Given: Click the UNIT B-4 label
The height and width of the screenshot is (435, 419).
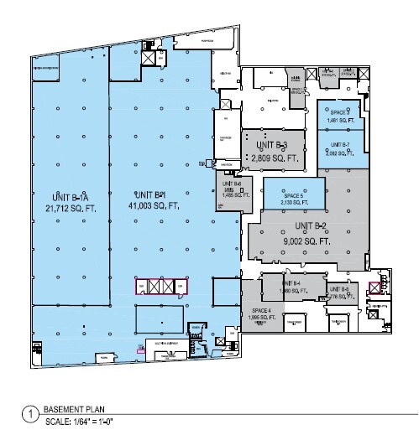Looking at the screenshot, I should tap(291, 283).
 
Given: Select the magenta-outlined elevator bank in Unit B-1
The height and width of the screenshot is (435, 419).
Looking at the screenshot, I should tap(159, 287).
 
